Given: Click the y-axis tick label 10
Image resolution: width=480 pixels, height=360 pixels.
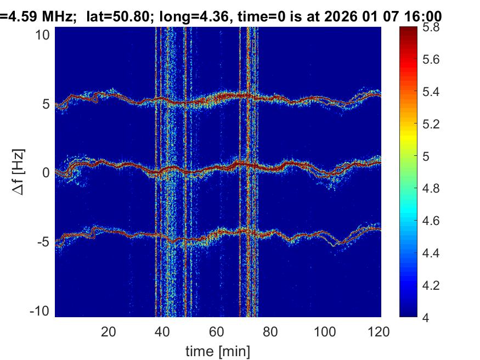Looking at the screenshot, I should (x=43, y=35).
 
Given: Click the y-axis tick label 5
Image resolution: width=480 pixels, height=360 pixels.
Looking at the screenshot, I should (x=46, y=104).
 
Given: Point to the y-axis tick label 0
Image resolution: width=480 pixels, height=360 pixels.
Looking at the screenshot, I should (x=46, y=173).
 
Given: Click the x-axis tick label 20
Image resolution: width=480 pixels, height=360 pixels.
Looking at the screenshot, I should (x=109, y=331).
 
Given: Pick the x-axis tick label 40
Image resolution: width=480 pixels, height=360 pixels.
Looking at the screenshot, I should (x=163, y=331).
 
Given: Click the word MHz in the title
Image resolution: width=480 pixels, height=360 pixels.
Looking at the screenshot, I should (x=58, y=17).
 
